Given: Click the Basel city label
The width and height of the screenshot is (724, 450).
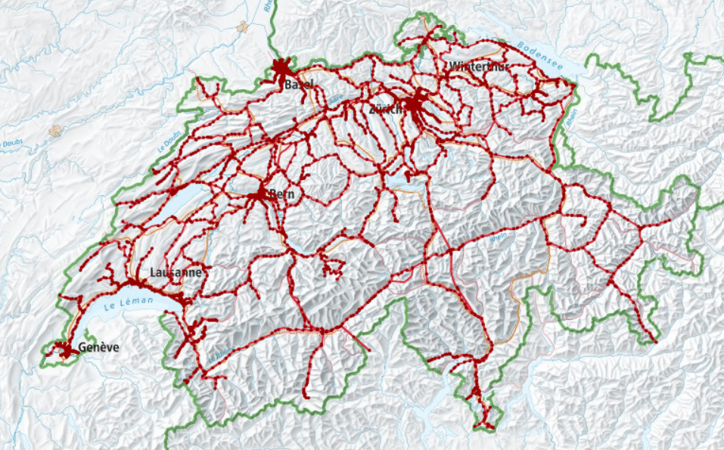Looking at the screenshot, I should [x=298, y=85].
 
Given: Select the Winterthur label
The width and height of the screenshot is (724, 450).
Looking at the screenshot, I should [x=480, y=67].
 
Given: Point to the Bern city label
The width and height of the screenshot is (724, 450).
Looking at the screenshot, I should [x=281, y=195].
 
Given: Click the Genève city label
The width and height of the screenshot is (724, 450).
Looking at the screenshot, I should [x=98, y=348].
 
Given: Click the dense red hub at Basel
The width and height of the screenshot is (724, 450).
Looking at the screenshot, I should [x=282, y=69].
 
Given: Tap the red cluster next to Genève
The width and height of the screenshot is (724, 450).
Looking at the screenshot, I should [x=67, y=349].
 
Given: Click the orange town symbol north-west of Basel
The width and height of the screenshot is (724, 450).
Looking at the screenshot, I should [x=242, y=27].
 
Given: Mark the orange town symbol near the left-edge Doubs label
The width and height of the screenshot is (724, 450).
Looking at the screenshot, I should [x=54, y=130].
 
